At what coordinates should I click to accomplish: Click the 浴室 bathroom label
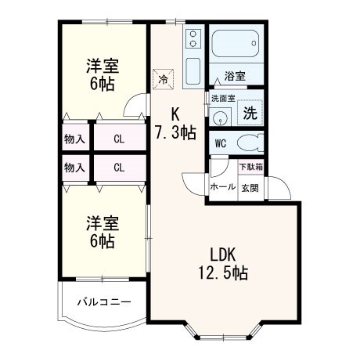pyautogui.click(x=235, y=76)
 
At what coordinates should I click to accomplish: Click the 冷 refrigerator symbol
pyautogui.click(x=164, y=78)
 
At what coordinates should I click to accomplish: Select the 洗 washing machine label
pyautogui.click(x=250, y=113)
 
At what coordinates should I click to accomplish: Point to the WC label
pyautogui.click(x=221, y=144)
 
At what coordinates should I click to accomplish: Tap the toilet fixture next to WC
pyautogui.click(x=249, y=143)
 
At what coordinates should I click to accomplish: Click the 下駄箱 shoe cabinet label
pyautogui.click(x=250, y=167)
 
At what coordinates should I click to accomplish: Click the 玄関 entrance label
pyautogui.click(x=250, y=187)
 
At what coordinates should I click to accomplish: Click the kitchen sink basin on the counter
pyautogui.click(x=193, y=65)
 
